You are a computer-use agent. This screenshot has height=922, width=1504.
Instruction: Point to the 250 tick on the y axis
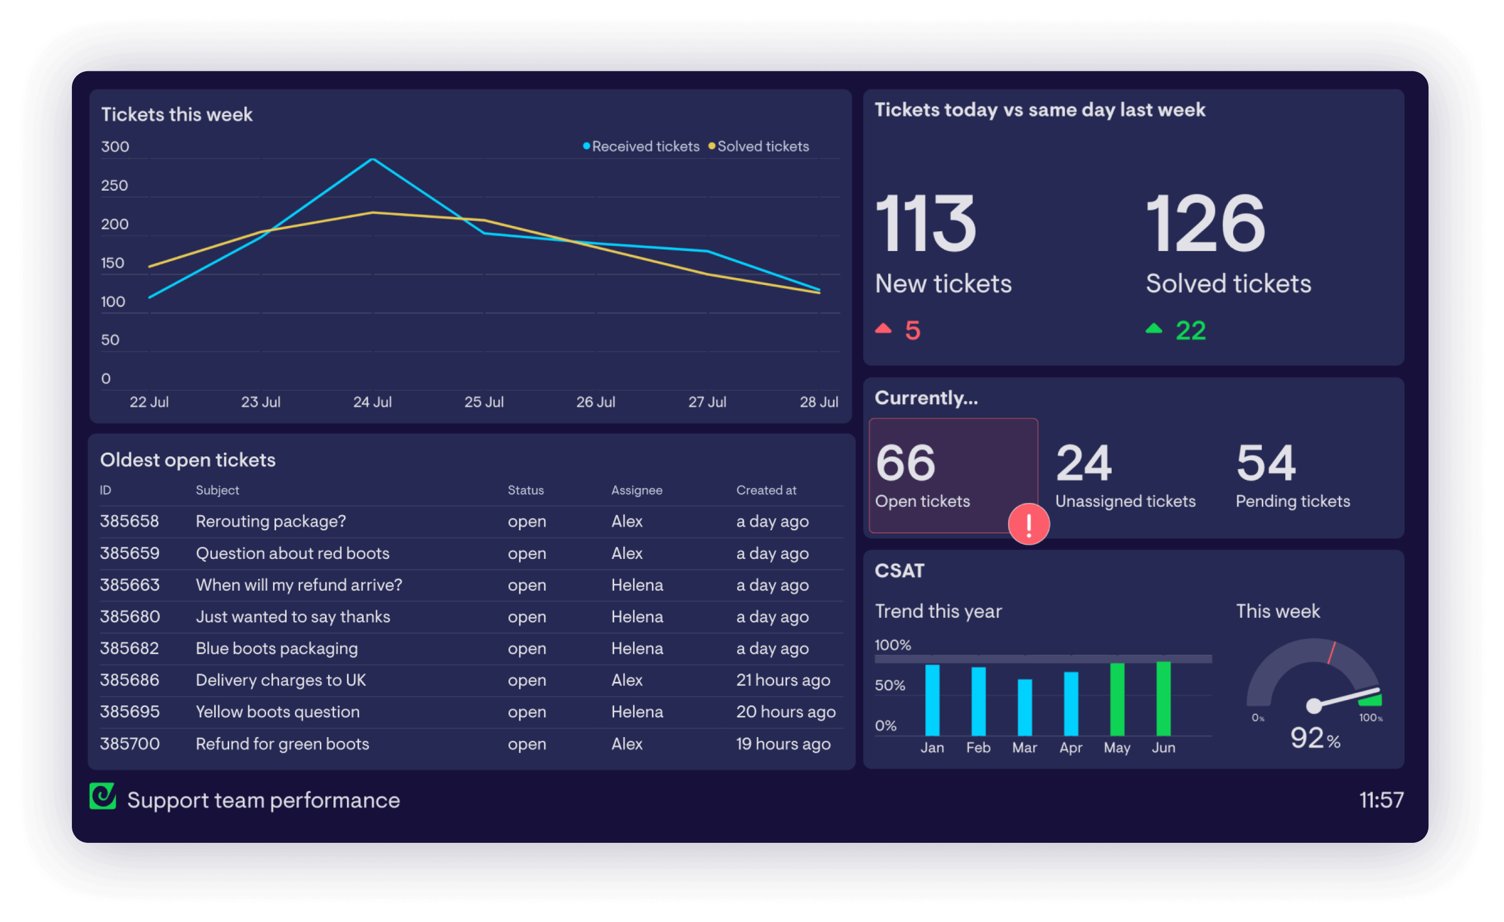(115, 185)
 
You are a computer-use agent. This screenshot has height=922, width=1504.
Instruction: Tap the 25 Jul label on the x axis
(483, 402)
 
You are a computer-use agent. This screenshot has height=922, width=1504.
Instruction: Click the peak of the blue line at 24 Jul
(373, 160)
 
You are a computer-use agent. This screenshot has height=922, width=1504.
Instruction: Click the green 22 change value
(1190, 331)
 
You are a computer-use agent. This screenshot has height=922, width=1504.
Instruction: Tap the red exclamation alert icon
(1028, 524)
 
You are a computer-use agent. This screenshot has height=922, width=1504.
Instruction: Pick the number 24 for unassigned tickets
(1084, 463)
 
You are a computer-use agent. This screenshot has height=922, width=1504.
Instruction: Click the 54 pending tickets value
(1265, 463)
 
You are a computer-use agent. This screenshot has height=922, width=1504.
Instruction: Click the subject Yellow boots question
(278, 712)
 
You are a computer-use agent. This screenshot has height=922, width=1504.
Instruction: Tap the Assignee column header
(637, 490)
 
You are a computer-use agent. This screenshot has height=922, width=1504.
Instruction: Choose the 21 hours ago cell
(782, 680)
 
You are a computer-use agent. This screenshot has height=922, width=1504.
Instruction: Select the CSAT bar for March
(1025, 708)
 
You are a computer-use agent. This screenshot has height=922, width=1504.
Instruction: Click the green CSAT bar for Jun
(1163, 699)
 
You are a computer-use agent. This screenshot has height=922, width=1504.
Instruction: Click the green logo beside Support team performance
(103, 796)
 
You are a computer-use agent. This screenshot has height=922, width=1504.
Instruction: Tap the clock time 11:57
(1381, 800)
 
